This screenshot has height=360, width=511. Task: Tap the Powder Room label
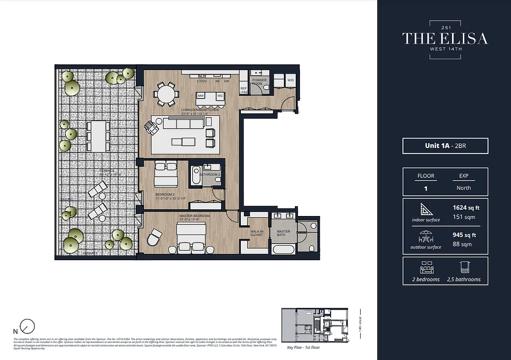point(259,82)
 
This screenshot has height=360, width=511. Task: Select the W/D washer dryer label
point(291,80)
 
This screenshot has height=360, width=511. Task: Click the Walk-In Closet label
point(257,233)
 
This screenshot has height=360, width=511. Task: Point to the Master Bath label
point(283,233)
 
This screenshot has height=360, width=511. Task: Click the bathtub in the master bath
point(283,249)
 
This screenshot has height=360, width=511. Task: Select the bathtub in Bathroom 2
point(196,176)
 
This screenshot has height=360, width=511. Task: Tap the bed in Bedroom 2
point(166,175)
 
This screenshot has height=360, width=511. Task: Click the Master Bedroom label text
point(194,216)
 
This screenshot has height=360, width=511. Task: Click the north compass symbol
point(28,326)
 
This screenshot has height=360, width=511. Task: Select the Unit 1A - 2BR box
point(445,146)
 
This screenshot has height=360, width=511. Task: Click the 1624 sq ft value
point(466,208)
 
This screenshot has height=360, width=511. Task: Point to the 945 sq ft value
point(464,235)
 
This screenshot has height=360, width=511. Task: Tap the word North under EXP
point(463,188)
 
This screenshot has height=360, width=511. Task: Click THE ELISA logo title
point(445,38)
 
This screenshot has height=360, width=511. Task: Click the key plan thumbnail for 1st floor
point(316,326)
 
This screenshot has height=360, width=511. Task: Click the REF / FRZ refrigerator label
point(244,90)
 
